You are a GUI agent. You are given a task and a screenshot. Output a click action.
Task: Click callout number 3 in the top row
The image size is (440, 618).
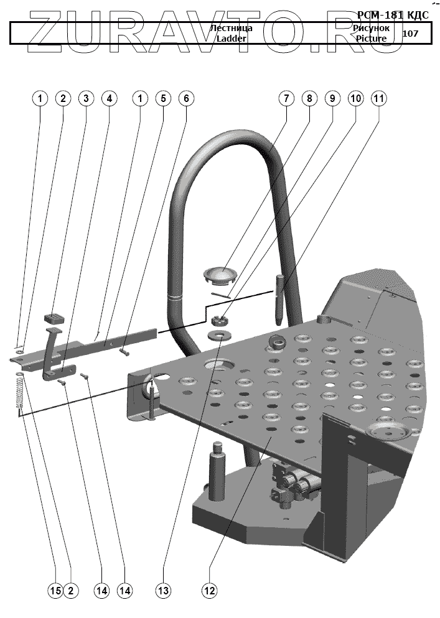(86, 99)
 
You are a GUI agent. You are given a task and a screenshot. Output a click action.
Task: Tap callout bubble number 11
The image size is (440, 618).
(378, 99)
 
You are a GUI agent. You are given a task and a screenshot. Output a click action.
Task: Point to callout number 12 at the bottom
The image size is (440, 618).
(209, 590)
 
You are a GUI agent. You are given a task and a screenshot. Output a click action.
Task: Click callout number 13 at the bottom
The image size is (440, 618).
(163, 590)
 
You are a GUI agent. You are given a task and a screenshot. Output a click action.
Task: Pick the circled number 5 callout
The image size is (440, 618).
(162, 99)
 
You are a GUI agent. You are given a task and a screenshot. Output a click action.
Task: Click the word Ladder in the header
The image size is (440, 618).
(231, 39)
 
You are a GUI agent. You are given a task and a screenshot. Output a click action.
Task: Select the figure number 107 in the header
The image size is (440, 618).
(411, 34)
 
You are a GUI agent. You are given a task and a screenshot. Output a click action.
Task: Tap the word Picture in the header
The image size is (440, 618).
(372, 39)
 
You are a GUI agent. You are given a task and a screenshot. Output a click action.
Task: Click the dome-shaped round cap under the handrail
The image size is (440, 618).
(221, 274)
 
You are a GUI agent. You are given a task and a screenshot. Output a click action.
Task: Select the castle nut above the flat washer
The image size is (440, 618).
(219, 321)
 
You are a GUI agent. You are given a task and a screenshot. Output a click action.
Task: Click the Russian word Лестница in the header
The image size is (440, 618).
(231, 29)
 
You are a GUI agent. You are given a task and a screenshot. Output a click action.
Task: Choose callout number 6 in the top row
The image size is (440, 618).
(185, 99)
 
